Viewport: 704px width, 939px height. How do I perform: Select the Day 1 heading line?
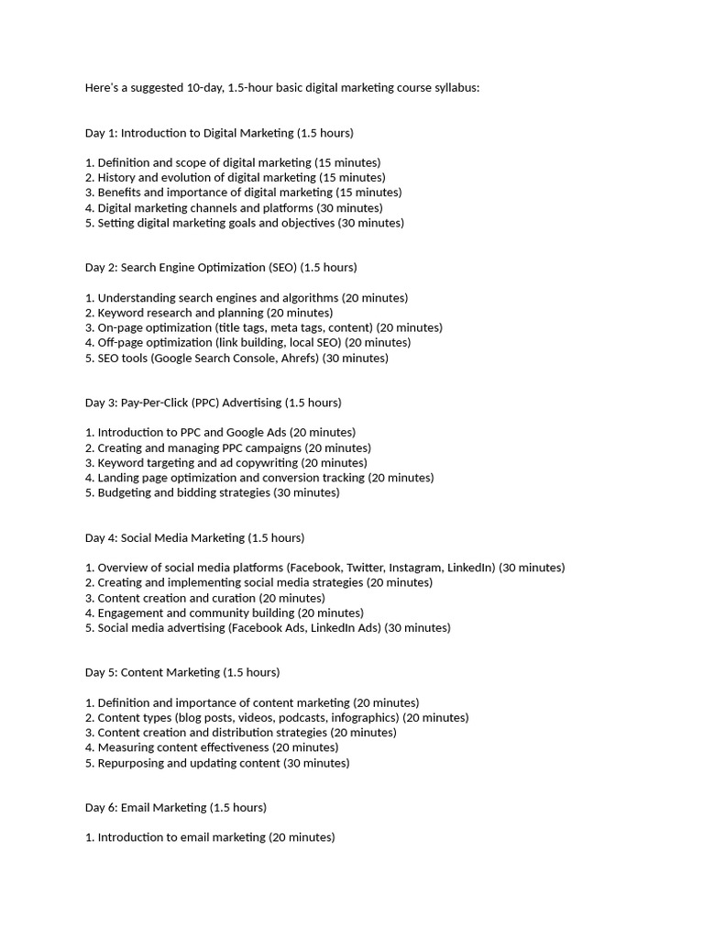click(219, 133)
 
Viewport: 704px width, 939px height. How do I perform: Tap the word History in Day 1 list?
click(116, 178)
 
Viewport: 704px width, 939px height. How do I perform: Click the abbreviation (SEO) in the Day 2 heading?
click(282, 268)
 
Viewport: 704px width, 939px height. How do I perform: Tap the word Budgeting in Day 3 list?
click(125, 492)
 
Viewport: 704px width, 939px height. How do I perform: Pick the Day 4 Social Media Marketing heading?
click(194, 537)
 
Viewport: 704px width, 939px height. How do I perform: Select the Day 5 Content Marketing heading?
click(182, 672)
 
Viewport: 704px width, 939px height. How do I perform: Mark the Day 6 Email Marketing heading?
click(176, 808)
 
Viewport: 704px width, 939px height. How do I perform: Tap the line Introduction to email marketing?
click(210, 837)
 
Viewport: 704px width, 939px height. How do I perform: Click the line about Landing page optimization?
click(259, 478)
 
